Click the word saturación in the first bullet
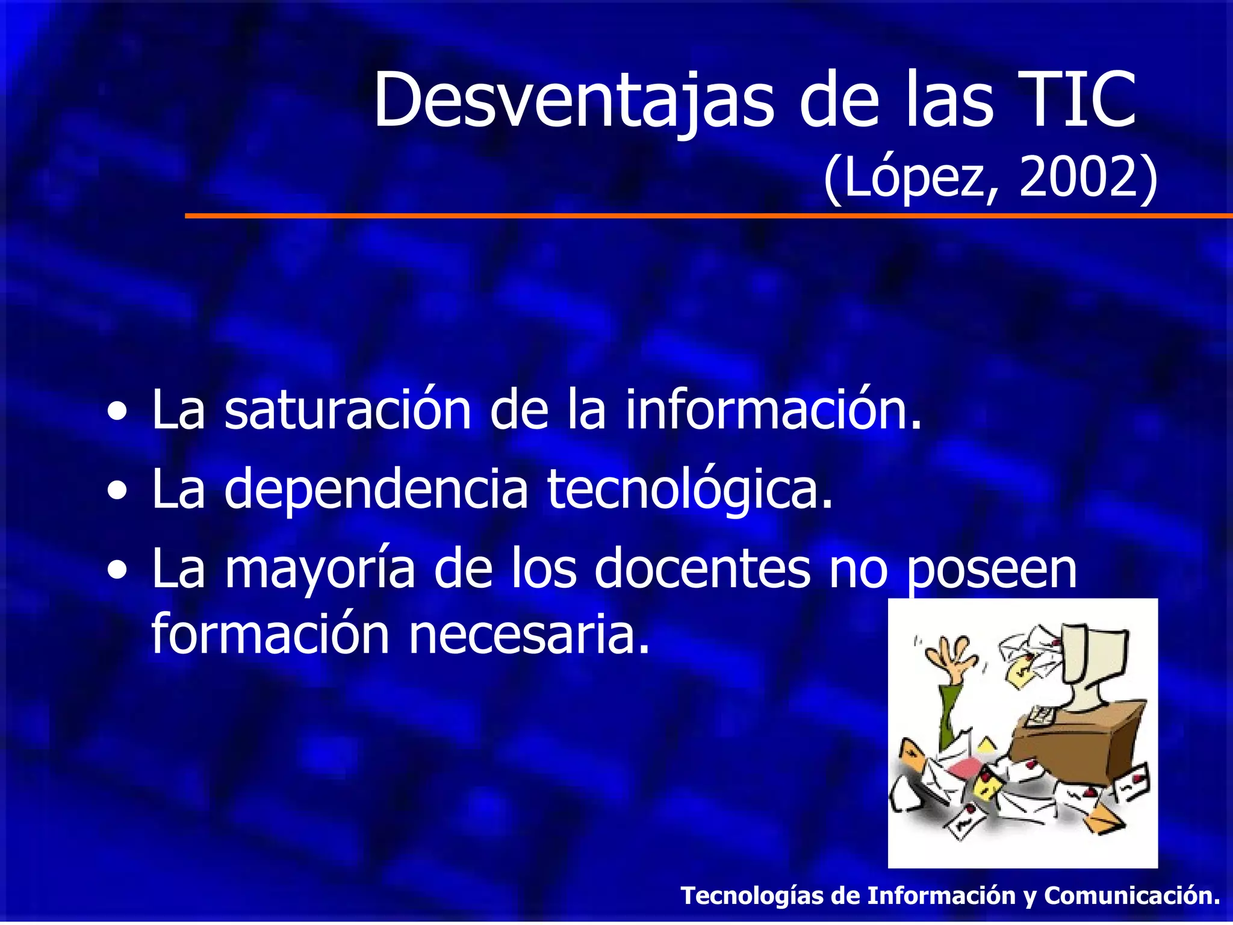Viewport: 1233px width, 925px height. click(x=347, y=411)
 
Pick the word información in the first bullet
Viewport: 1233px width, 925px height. click(x=773, y=411)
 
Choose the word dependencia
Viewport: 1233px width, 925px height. click(x=376, y=490)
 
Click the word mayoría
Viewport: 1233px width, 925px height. click(x=320, y=570)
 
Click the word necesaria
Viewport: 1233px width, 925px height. click(x=530, y=635)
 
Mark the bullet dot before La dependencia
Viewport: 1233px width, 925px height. click(x=118, y=492)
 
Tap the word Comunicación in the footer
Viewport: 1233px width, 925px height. click(x=1132, y=895)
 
